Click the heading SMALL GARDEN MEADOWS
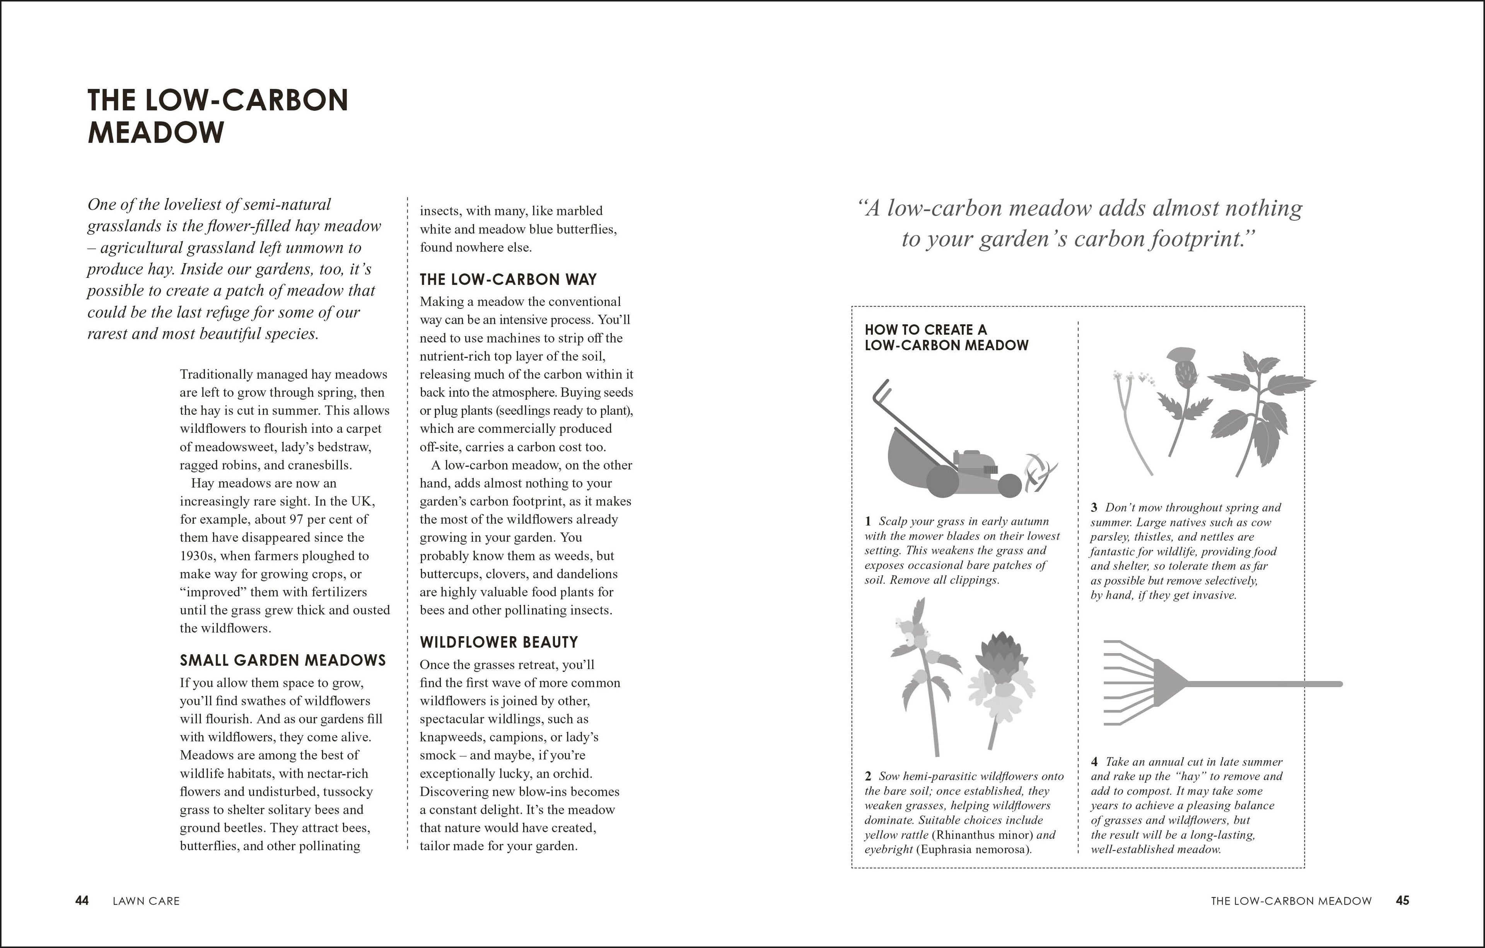coord(282,660)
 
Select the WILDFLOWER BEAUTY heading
coord(498,642)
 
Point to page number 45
coord(1402,900)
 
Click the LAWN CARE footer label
coord(146,901)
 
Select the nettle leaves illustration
coord(1258,413)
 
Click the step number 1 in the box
coord(868,521)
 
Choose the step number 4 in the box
coord(1095,762)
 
